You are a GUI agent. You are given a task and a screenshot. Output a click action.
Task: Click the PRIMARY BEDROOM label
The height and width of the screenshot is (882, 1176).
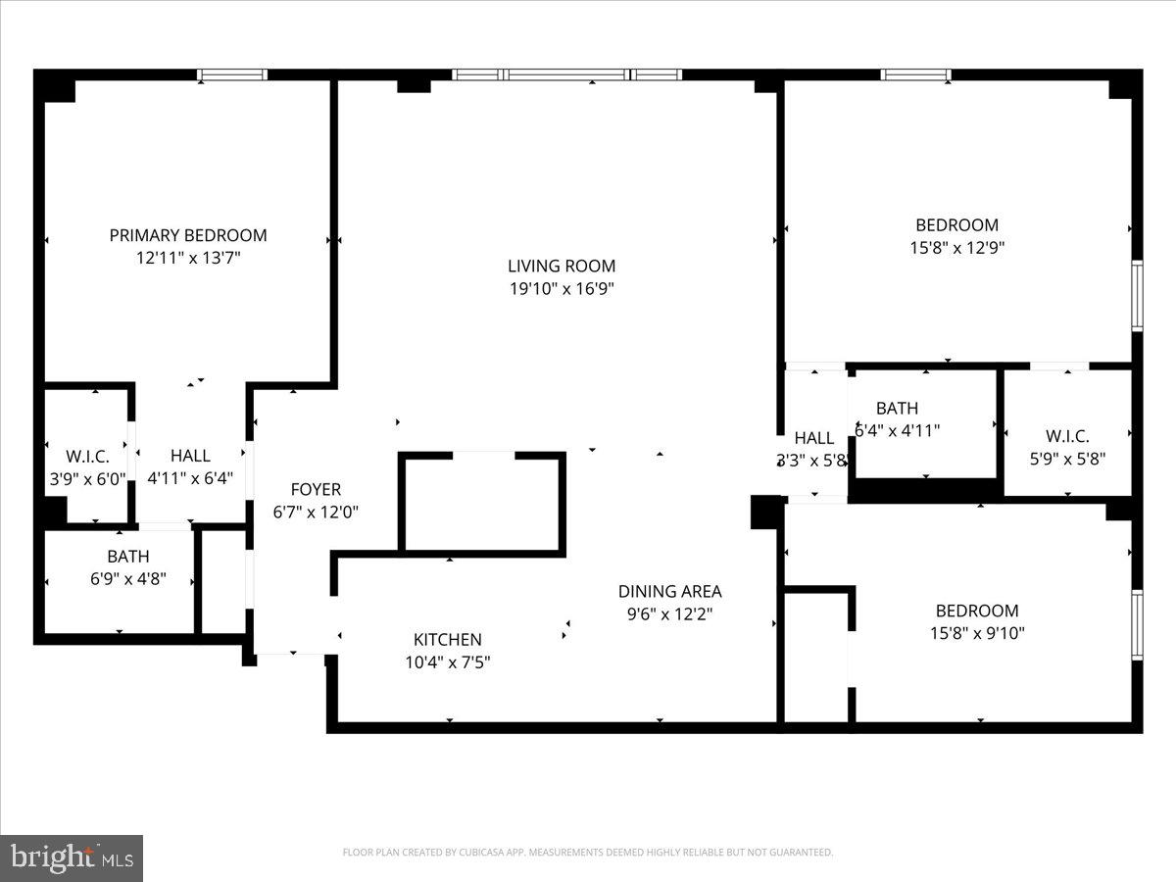coord(187,235)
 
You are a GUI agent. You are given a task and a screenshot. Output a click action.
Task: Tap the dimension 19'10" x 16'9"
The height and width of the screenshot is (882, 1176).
coord(562,288)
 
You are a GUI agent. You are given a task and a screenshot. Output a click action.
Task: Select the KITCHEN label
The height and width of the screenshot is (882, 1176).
coord(447,639)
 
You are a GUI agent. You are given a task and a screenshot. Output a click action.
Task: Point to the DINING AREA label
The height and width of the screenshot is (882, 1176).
coord(669,591)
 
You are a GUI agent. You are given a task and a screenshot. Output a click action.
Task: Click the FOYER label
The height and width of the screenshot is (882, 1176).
coord(316,489)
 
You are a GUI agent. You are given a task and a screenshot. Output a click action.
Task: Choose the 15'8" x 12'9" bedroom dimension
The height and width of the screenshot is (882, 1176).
coord(956,248)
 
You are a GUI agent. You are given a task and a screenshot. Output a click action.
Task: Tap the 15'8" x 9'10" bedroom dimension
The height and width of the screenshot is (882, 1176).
coord(977,633)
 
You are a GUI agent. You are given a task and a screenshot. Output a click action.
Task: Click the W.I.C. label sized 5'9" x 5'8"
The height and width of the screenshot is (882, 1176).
coord(1067,437)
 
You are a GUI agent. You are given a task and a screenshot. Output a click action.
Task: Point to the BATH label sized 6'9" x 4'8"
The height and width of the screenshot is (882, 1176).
coord(128,557)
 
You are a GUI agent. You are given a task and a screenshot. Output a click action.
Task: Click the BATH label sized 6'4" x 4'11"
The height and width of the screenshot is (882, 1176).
coord(897,408)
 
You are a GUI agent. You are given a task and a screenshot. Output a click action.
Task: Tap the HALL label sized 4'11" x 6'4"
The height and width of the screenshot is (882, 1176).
coord(190,456)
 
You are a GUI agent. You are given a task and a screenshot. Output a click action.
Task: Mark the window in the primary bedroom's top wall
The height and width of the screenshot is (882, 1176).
coord(232,74)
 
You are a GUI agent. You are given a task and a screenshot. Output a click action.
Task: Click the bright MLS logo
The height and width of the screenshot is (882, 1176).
coord(71,857)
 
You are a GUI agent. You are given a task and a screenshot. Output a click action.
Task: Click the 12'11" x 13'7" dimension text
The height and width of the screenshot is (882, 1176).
coord(188,259)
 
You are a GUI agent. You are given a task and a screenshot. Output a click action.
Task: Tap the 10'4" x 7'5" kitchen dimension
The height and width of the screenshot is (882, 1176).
coord(447,662)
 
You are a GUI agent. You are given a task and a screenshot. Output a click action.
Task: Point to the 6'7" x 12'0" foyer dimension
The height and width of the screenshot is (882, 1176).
coord(316,512)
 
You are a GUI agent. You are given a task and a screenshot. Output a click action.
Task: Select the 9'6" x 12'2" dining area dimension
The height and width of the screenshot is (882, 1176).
coord(669,614)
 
